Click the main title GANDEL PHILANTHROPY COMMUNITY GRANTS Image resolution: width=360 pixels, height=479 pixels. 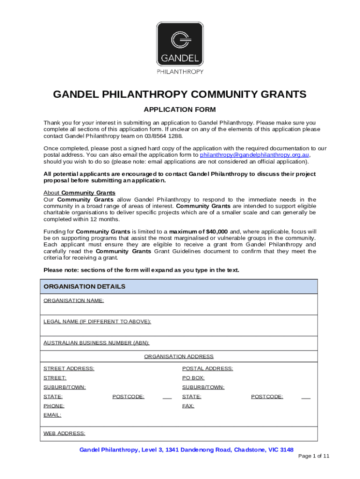point(180,94)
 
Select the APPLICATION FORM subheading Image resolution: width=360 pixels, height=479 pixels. point(180,110)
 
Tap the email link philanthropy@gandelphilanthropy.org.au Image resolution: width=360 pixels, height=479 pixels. point(255,155)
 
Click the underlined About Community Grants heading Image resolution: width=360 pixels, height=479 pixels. point(79,193)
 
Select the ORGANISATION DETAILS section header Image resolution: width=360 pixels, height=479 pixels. point(84,286)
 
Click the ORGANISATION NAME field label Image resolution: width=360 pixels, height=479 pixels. point(73,300)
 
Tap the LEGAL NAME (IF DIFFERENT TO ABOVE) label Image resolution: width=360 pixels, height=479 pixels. point(97,321)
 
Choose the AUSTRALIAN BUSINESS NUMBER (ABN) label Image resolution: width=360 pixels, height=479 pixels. point(96,343)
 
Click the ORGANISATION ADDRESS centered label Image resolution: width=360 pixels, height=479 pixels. point(179,356)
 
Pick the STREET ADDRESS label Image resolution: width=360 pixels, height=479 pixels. point(69,369)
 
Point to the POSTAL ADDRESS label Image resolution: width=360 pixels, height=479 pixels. point(207,369)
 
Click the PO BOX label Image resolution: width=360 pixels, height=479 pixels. point(193,378)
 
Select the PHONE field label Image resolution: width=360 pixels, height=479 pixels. point(54,406)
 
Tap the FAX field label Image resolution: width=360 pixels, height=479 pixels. point(188,406)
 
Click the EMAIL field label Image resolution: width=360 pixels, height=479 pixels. point(52,415)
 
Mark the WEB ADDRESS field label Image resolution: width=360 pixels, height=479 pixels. point(64,433)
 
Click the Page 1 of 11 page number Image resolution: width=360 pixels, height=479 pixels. point(314,456)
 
